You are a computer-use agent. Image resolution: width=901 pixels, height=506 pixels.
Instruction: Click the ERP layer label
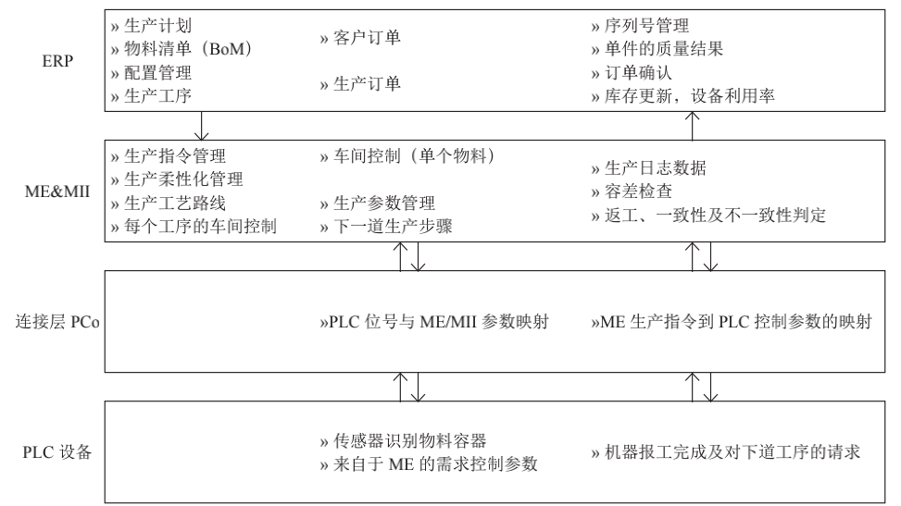click(57, 61)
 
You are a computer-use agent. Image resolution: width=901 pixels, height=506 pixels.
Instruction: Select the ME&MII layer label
click(57, 191)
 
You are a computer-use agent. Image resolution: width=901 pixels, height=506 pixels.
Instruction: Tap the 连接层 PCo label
click(57, 322)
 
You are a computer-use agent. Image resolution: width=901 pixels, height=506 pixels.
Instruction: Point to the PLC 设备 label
click(57, 452)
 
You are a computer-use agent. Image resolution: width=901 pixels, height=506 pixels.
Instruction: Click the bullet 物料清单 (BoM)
click(181, 49)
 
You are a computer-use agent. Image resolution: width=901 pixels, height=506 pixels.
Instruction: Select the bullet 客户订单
click(360, 38)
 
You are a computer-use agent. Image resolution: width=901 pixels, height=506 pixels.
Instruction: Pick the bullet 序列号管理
click(640, 26)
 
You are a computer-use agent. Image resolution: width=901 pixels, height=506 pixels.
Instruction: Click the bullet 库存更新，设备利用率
click(682, 96)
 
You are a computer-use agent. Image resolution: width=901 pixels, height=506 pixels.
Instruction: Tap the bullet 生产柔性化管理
click(177, 179)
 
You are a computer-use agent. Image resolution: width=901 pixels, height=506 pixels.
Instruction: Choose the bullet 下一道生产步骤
click(386, 227)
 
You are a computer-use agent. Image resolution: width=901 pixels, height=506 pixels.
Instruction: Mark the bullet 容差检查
click(632, 191)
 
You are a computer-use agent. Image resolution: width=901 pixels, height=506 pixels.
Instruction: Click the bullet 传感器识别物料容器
click(404, 440)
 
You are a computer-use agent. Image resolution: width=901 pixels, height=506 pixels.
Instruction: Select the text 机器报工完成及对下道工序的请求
click(726, 452)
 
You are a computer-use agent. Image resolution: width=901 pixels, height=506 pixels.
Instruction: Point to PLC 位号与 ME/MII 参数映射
click(434, 322)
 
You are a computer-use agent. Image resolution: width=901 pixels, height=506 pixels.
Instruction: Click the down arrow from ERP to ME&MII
click(201, 126)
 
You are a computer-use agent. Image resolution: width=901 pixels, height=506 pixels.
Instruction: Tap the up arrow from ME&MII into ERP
click(693, 126)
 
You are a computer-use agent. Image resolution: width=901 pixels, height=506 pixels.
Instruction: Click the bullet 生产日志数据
click(649, 167)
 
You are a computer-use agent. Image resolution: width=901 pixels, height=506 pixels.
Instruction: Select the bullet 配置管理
click(151, 72)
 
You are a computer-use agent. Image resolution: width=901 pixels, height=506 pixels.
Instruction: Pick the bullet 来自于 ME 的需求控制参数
click(429, 464)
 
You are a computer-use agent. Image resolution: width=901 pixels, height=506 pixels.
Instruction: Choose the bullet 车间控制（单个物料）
click(407, 155)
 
